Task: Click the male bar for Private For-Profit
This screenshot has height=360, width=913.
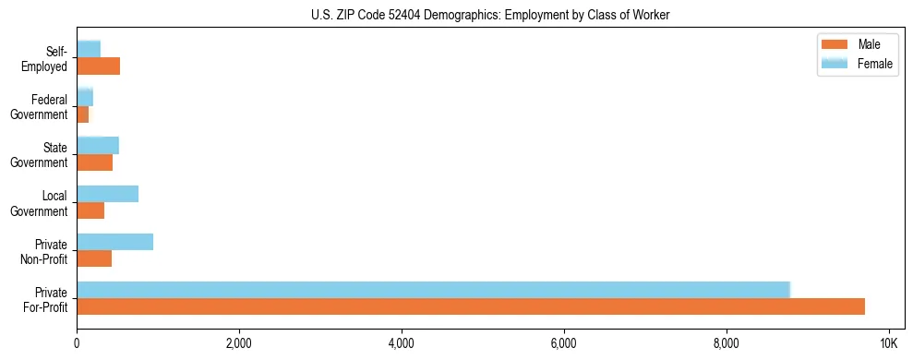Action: [x=471, y=306]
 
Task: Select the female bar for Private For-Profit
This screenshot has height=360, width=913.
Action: [x=433, y=290]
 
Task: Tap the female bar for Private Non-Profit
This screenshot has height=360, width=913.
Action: [x=114, y=242]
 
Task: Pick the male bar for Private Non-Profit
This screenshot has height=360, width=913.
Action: [x=94, y=258]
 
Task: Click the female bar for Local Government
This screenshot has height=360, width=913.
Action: [x=107, y=194]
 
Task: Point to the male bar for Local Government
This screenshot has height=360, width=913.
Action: [x=90, y=210]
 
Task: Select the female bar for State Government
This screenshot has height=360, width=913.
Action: [x=98, y=146]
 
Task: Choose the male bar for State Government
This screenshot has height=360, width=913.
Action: [x=94, y=162]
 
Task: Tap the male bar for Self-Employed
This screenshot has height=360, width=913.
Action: [x=98, y=66]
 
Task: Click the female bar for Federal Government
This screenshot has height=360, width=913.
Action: [x=85, y=98]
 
